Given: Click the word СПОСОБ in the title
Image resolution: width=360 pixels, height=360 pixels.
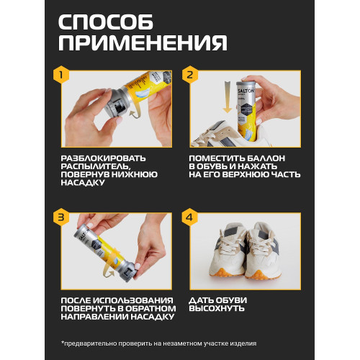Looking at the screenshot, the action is [106, 22].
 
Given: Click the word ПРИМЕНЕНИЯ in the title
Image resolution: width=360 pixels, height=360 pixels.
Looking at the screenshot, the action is [143, 42].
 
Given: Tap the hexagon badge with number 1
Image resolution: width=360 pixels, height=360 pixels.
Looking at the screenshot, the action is [61, 74].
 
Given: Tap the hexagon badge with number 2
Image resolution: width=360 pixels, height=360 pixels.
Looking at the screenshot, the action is [190, 74].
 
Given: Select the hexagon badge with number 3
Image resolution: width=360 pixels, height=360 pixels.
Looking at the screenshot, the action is [61, 217].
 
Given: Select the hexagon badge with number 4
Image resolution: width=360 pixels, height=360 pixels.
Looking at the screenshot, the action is [190, 217].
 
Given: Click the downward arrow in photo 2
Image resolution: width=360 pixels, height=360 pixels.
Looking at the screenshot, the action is [227, 97].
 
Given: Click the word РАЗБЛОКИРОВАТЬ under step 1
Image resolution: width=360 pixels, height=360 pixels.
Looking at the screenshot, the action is [103, 158].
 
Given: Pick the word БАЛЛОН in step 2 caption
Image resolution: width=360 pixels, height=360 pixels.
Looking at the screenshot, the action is [266, 158].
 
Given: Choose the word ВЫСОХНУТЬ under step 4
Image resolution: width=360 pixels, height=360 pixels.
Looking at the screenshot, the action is [217, 308].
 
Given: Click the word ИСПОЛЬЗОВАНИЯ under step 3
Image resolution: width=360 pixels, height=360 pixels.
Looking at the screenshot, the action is [132, 300].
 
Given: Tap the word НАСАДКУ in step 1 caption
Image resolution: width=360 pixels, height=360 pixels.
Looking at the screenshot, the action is [83, 183].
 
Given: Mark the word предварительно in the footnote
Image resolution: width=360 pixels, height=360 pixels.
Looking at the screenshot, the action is [90, 343].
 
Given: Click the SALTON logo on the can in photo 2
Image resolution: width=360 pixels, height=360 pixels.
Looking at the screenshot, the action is [246, 91].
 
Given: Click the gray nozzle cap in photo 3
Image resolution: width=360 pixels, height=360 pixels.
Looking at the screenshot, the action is [128, 271].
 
